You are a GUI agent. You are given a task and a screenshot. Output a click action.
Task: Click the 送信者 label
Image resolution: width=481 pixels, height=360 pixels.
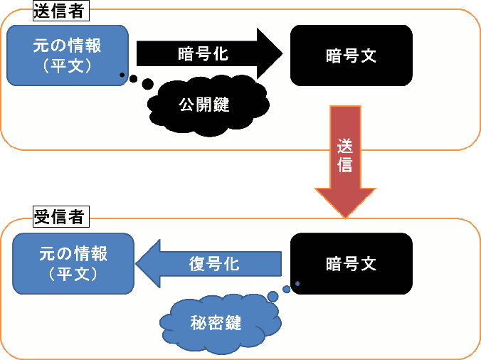(60, 11)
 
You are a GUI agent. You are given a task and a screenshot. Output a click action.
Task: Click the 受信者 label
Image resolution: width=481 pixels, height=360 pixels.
(60, 217)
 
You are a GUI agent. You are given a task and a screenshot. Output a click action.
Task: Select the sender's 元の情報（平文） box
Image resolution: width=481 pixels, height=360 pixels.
(68, 55)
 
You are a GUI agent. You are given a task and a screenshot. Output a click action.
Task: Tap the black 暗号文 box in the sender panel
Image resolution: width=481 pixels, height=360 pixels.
(351, 55)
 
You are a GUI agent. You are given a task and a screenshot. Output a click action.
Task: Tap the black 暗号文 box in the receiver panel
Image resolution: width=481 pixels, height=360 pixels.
(351, 263)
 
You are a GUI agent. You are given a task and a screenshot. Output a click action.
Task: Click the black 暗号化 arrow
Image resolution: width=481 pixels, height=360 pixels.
(206, 53)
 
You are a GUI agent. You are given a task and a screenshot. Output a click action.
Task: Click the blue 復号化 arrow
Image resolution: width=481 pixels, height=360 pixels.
(210, 264)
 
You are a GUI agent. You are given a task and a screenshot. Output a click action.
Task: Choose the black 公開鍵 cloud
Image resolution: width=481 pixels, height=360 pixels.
(207, 105)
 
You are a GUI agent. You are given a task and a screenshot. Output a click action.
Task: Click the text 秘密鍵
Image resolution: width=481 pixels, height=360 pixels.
(216, 323)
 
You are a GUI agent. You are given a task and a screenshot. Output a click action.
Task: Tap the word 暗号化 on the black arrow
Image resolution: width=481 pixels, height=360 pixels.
(203, 53)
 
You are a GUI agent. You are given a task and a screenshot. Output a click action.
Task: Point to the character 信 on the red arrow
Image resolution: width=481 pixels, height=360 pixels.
(344, 165)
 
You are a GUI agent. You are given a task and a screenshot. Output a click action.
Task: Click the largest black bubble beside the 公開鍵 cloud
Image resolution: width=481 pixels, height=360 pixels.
(148, 84)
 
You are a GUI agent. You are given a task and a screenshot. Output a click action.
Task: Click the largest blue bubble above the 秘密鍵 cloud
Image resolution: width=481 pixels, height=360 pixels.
(273, 296)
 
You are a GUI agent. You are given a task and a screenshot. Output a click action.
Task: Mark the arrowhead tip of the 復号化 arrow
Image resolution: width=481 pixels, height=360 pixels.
(136, 264)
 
